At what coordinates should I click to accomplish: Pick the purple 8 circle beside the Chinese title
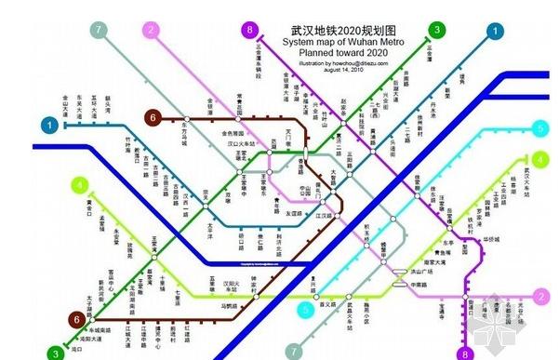coord(249,31)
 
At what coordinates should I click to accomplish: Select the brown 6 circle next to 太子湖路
coord(75,320)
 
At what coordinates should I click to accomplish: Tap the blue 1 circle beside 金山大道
coord(48,124)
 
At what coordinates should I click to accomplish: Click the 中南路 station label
coord(420,285)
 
